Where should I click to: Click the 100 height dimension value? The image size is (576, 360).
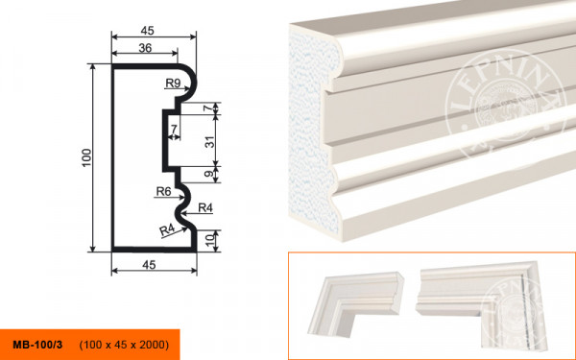coord(86,157)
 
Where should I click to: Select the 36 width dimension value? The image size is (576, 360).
coord(145,48)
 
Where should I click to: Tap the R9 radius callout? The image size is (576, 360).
coord(173,84)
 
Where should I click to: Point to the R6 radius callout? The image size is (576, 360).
coord(164,191)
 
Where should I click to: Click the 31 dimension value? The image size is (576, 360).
coord(209,141)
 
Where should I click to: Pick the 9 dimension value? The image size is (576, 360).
coord(209,174)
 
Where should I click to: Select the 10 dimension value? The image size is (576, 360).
coord(209,241)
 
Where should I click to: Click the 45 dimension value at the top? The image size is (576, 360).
coord(147,31)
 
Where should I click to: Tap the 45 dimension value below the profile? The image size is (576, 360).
coord(149,265)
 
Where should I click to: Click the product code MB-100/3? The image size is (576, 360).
coord(37,345)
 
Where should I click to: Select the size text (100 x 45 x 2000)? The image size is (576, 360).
coord(124,345)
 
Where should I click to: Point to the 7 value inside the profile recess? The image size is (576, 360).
coord(174,129)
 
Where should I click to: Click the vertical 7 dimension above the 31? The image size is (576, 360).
coord(209,108)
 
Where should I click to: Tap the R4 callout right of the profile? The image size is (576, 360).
coord(205,208)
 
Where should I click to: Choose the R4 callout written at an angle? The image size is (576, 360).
coord(167,230)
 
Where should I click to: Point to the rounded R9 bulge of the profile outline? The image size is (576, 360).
coord(190,83)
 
